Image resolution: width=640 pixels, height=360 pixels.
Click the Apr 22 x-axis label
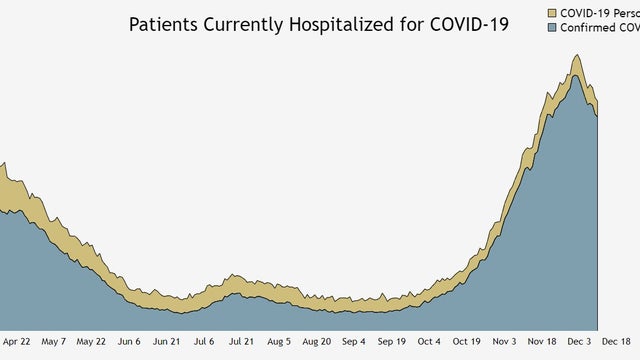[x=17, y=341]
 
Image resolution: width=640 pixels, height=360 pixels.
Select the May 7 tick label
[x=54, y=341]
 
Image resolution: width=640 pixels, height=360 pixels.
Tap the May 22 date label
[x=92, y=341]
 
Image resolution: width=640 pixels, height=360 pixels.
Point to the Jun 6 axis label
[x=130, y=341]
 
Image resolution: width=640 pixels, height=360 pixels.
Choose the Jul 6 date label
[x=203, y=341]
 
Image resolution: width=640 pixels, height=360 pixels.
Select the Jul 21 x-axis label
[x=241, y=341]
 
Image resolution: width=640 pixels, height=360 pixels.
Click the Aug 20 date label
[x=316, y=341]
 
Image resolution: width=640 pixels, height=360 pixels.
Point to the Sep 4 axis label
[x=355, y=341]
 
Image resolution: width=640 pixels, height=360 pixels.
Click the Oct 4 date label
[x=429, y=341]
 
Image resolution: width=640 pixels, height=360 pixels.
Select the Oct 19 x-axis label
[x=467, y=341]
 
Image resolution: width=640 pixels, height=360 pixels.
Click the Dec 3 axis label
[x=581, y=341]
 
